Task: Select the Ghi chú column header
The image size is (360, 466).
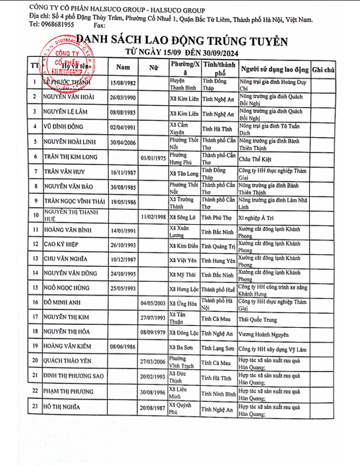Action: click(x=323, y=70)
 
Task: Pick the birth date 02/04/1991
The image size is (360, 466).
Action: click(x=122, y=127)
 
